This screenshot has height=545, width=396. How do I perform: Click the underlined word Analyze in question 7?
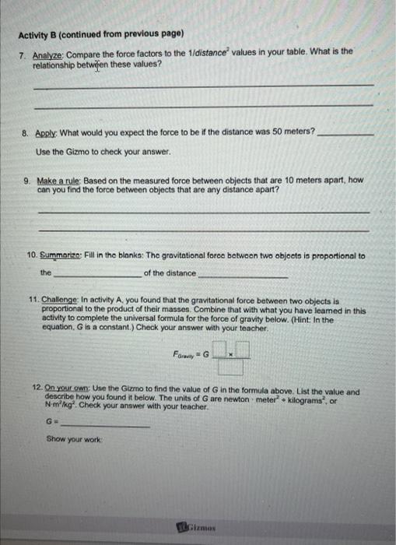click(48, 51)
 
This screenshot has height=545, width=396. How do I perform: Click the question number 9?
click(27, 180)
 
